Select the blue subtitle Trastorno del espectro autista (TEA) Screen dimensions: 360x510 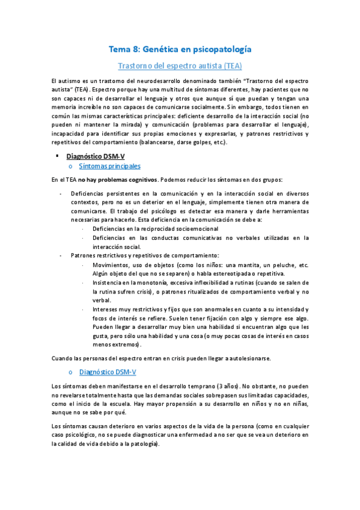(180, 64)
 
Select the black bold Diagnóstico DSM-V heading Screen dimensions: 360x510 (96, 156)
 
